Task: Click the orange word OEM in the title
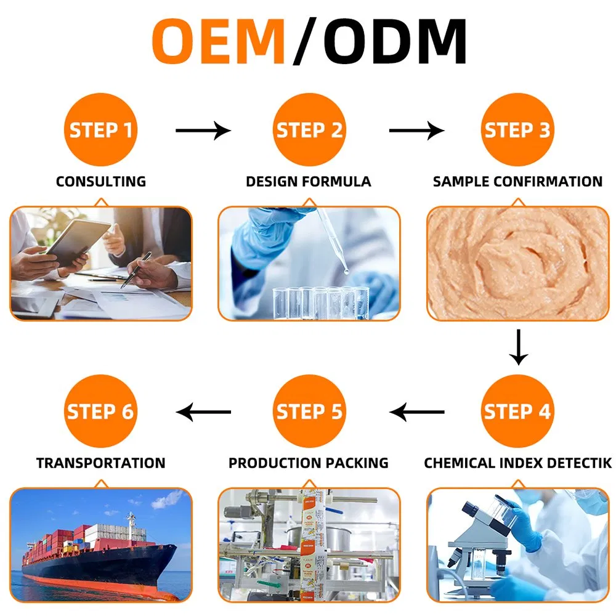(x=219, y=41)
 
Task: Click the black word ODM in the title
(x=395, y=41)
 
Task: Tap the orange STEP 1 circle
(x=100, y=129)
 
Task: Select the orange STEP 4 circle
(x=517, y=411)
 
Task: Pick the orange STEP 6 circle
(x=100, y=411)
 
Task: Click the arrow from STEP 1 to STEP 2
(x=203, y=131)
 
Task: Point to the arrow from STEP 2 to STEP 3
(x=417, y=131)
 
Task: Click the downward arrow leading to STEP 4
(x=519, y=347)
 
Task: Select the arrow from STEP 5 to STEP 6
(x=203, y=412)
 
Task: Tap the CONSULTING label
(x=101, y=182)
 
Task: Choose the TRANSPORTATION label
(x=101, y=463)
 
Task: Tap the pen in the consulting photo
(x=136, y=270)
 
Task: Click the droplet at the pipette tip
(x=346, y=271)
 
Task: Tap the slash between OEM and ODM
(x=305, y=41)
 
